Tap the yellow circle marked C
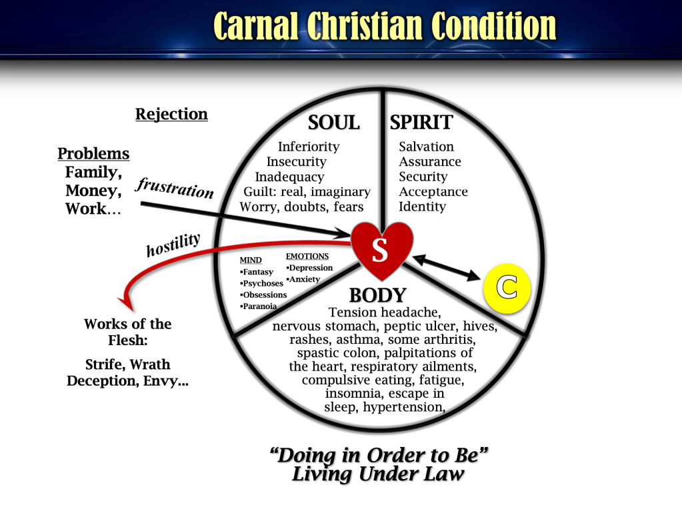pos(507,288)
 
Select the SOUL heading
pos(333,123)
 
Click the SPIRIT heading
pos(421,123)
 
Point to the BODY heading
pos(377,296)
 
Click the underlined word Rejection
pos(171,115)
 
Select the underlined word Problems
pos(93,153)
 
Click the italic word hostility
pos(173,245)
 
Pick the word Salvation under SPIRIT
pos(426,147)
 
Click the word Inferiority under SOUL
pos(309,147)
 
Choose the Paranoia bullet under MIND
pos(259,306)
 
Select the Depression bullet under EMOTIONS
pos(309,268)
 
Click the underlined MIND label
pos(251,260)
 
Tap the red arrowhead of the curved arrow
pos(126,303)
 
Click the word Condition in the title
pos(494,26)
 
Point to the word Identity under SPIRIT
pos(423,207)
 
